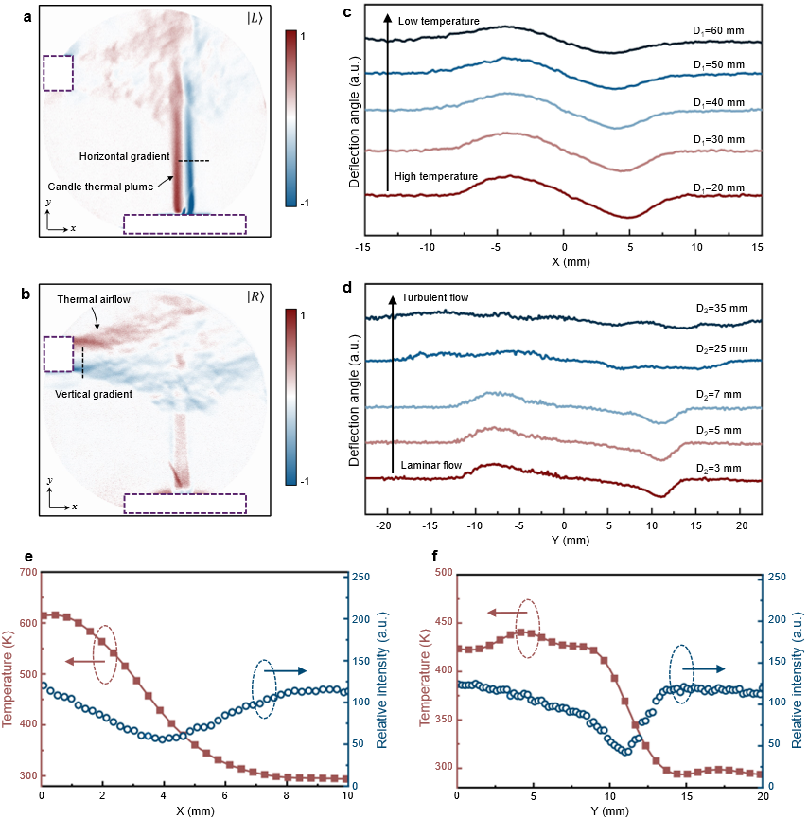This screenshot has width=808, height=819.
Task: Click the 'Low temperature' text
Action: [439, 21]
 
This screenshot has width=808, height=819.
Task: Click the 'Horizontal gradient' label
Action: [123, 156]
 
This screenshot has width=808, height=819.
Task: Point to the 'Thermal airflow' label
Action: [94, 299]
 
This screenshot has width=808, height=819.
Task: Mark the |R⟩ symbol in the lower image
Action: [255, 297]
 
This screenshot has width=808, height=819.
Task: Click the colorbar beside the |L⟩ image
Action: [290, 117]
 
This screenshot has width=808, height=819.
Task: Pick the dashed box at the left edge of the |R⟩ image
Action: [58, 355]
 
